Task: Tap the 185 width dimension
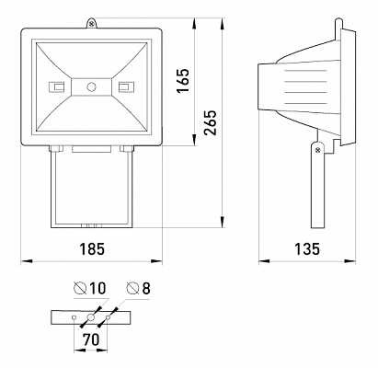coord(91,247)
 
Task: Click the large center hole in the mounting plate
coord(91,318)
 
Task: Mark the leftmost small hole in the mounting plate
coord(74,318)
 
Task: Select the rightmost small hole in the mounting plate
coord(109,318)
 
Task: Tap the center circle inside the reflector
coord(91,86)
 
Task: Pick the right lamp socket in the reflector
coord(124,87)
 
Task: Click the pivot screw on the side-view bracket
coord(317,148)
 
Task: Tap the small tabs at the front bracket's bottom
coord(91,224)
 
